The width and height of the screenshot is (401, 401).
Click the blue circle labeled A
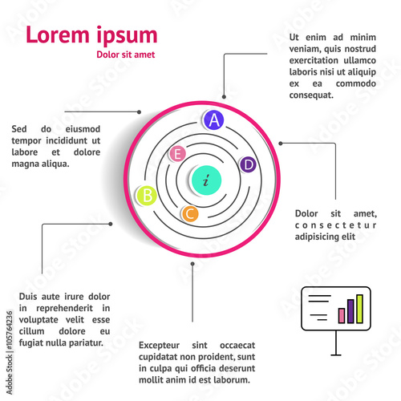click(x=213, y=120)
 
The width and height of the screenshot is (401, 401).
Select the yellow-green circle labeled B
click(x=147, y=196)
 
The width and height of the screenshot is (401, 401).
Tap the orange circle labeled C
click(x=190, y=214)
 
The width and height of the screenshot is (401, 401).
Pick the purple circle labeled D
click(x=248, y=164)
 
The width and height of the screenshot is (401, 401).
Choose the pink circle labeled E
click(x=177, y=154)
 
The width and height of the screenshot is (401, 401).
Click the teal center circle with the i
click(x=206, y=180)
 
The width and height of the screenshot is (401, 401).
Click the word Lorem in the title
click(x=58, y=34)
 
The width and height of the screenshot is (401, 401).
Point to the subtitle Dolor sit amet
click(x=126, y=55)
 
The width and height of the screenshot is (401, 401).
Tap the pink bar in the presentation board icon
click(x=342, y=315)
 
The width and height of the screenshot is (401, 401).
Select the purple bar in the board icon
click(x=350, y=311)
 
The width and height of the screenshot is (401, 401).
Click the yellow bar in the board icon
click(x=359, y=309)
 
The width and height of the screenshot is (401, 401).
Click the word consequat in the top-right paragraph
click(x=311, y=95)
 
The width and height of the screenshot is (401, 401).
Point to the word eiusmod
click(x=83, y=129)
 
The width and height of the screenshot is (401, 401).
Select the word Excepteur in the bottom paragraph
click(x=159, y=345)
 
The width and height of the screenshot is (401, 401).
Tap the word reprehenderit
click(x=64, y=308)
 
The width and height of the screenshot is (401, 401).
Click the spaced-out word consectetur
click(x=335, y=225)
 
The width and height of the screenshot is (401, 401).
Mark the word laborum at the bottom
click(x=233, y=379)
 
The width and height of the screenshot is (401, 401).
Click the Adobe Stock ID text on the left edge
click(x=10, y=352)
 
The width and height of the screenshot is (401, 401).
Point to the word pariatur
click(x=86, y=342)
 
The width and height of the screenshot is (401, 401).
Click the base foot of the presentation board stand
click(x=336, y=355)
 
